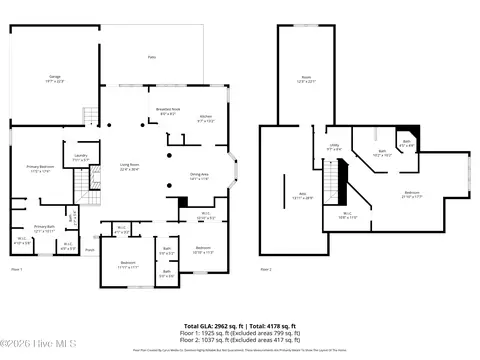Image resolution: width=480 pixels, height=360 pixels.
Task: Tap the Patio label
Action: click(x=151, y=57)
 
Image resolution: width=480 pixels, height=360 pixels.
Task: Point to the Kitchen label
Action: click(x=205, y=118)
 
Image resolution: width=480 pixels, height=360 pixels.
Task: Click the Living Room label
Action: click(x=130, y=166)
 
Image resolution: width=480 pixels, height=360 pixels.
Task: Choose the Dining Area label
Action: click(x=199, y=176)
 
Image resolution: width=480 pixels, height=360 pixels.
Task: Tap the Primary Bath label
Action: click(x=44, y=228)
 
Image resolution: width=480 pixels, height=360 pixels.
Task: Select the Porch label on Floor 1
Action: click(x=89, y=250)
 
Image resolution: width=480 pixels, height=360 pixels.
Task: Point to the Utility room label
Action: click(x=334, y=147)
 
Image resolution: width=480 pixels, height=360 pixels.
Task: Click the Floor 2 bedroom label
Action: click(x=412, y=193)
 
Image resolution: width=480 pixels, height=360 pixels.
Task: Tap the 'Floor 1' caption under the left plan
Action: click(x=16, y=270)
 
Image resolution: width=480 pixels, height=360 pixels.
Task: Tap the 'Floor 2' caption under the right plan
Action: click(x=266, y=270)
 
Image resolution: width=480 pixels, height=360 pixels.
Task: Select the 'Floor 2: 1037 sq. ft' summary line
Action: click(x=240, y=340)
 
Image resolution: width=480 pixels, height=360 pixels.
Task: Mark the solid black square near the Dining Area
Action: click(x=182, y=202)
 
